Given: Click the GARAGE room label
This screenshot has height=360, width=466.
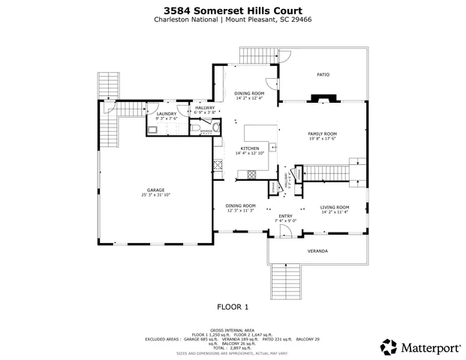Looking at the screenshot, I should pyautogui.click(x=156, y=190).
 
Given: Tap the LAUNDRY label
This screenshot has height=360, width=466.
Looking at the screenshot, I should pyautogui.click(x=166, y=113).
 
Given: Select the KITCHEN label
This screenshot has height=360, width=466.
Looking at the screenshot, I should pyautogui.click(x=249, y=148).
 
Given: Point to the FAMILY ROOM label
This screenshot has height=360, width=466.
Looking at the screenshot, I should pyautogui.click(x=321, y=133).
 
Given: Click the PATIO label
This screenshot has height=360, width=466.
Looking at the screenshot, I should pyautogui.click(x=323, y=74).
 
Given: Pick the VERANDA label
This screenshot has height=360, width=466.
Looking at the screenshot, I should pyautogui.click(x=317, y=250).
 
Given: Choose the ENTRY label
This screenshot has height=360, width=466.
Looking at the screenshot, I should pyautogui.click(x=285, y=215).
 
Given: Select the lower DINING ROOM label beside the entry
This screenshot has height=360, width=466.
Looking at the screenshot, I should pyautogui.click(x=241, y=205).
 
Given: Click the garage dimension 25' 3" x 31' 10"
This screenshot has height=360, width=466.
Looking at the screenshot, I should pyautogui.click(x=156, y=195).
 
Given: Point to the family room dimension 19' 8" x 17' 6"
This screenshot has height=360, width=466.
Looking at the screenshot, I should pyautogui.click(x=321, y=139).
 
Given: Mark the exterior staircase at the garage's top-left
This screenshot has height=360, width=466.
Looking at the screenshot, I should pyautogui.click(x=110, y=86).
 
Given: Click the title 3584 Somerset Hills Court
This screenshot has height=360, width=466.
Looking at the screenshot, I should pyautogui.click(x=232, y=11).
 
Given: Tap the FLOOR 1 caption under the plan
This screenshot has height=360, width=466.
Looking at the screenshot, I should pyautogui.click(x=232, y=307).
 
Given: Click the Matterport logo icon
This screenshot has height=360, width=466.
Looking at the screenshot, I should pyautogui.click(x=389, y=346).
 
